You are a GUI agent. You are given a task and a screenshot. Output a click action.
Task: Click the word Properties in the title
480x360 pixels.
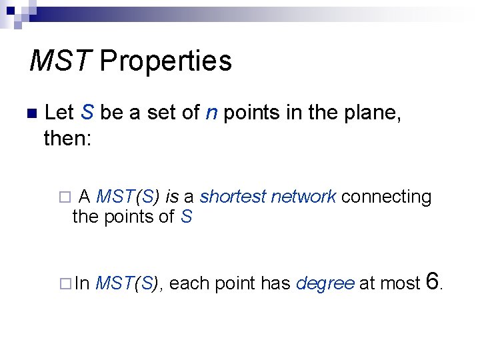point(165,61)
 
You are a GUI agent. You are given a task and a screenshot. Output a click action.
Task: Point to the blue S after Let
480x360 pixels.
point(87,113)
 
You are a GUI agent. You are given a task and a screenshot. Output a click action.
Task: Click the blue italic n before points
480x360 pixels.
point(211,113)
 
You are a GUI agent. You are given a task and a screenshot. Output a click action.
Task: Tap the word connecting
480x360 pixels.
point(387,197)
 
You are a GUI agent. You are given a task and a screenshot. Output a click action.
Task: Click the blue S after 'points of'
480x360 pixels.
point(186,217)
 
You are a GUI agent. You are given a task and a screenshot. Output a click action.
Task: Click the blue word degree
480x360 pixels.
point(325,283)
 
